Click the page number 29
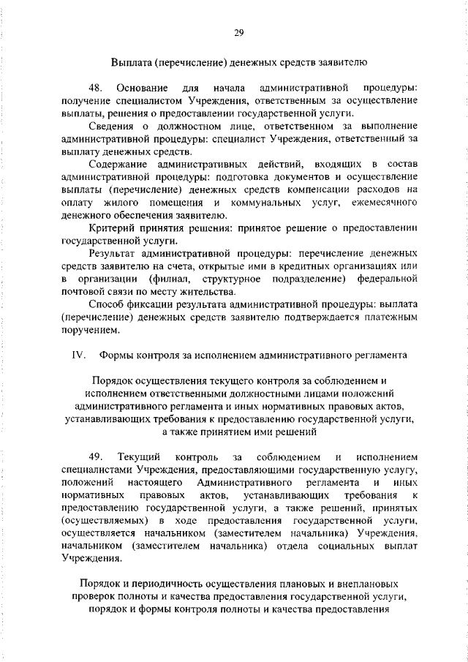238,31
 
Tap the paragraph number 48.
95,89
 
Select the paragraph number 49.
95,457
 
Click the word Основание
140,89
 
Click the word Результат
116,253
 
